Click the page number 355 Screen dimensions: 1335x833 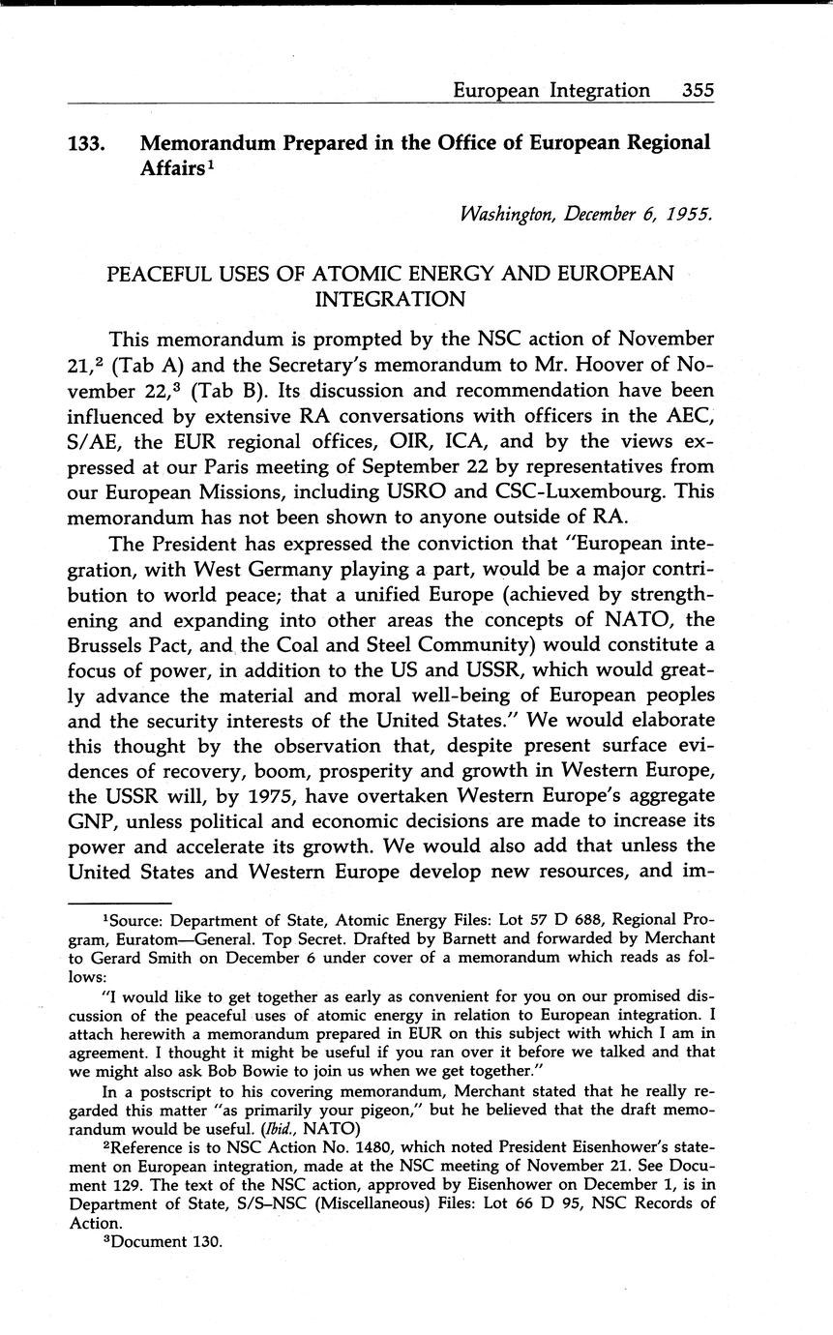point(698,90)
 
